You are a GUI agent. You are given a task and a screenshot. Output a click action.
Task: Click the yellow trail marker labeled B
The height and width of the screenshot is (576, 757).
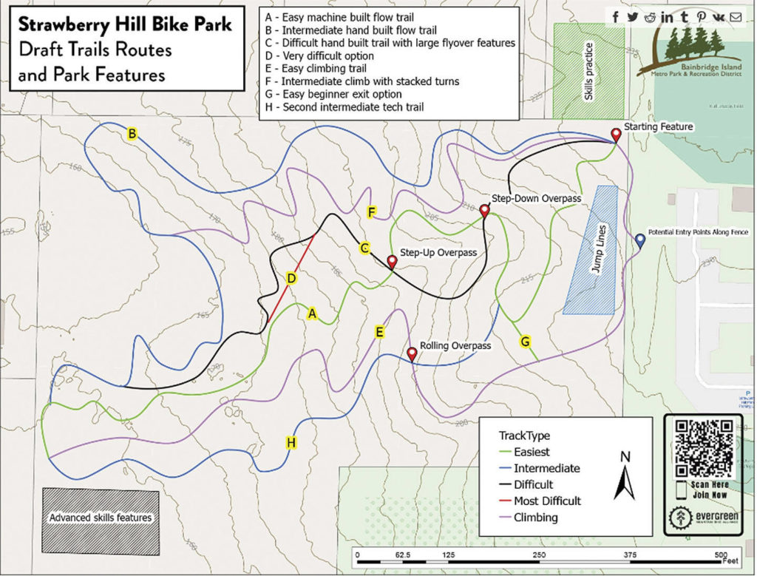tap(132, 134)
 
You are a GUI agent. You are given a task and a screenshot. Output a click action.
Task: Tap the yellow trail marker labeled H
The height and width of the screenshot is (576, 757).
tap(291, 443)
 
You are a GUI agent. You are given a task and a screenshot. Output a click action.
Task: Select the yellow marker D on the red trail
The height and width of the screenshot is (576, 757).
tap(291, 279)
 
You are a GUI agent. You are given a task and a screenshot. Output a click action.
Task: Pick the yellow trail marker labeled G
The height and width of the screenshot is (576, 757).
tap(526, 342)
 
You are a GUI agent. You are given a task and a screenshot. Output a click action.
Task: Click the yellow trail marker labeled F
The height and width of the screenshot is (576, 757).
tap(372, 213)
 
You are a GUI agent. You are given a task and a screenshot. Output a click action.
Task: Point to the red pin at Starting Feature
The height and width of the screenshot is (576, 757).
tap(615, 135)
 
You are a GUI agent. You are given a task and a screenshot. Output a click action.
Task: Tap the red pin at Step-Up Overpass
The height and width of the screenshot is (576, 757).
tap(392, 262)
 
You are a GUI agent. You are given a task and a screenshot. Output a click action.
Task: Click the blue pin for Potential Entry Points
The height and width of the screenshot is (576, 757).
tap(639, 240)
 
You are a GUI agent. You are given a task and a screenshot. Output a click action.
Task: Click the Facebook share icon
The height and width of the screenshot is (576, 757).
tap(615, 17)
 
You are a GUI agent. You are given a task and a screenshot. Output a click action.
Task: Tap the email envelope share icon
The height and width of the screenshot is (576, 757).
tap(735, 17)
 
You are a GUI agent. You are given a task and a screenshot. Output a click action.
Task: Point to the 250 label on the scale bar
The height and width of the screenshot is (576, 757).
tap(539, 555)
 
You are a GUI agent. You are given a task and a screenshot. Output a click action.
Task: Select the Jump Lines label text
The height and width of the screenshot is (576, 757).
tap(600, 250)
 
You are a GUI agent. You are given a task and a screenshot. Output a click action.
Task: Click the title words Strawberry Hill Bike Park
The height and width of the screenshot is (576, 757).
tap(124, 24)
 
